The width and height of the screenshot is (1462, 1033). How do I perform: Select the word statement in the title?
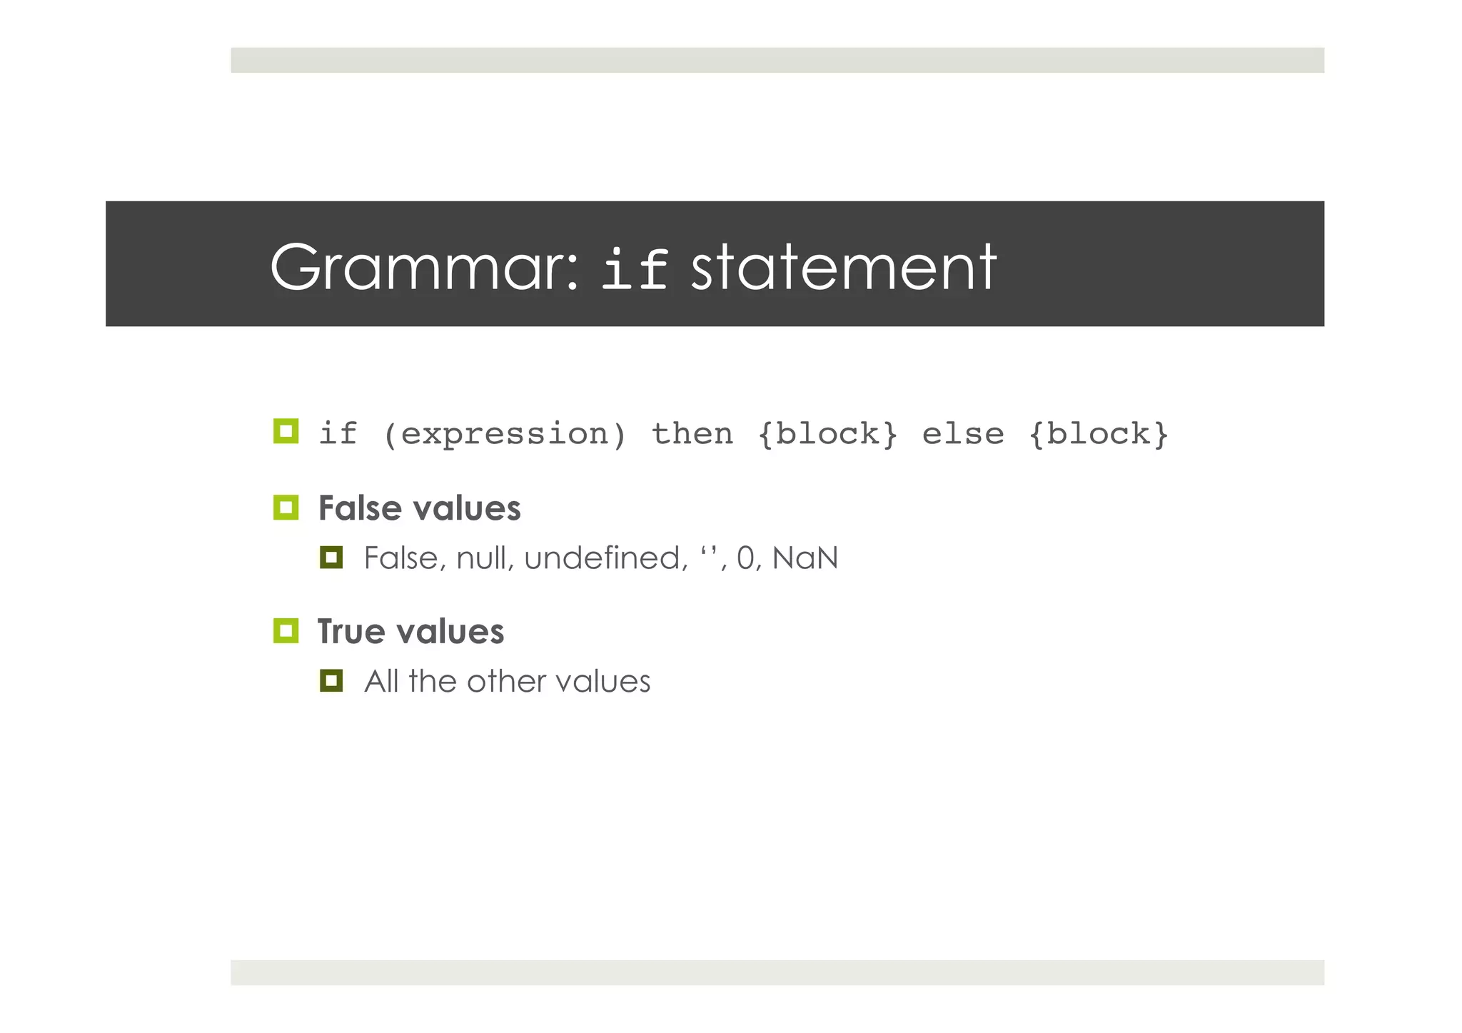tap(844, 268)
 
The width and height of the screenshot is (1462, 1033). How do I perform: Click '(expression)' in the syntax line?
tap(505, 434)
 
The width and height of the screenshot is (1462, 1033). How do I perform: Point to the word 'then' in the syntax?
tap(692, 434)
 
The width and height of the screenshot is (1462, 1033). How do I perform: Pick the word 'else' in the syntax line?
tap(962, 434)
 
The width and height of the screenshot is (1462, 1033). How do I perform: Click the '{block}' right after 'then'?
tap(827, 434)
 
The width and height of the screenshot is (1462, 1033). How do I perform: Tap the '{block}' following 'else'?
tap(1098, 434)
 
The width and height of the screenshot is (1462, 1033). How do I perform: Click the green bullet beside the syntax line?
tap(286, 431)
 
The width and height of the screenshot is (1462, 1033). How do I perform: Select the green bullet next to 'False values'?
tap(286, 508)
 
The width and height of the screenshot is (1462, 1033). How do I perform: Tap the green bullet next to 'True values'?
tap(286, 631)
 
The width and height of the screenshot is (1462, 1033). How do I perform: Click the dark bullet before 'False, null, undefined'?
tap(331, 558)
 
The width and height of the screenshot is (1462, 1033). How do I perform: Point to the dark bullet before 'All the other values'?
tap(331, 680)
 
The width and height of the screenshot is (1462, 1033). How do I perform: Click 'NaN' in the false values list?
tap(805, 558)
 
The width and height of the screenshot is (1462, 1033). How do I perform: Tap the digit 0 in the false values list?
tap(745, 558)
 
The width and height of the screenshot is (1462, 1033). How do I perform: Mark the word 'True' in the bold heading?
tap(351, 632)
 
